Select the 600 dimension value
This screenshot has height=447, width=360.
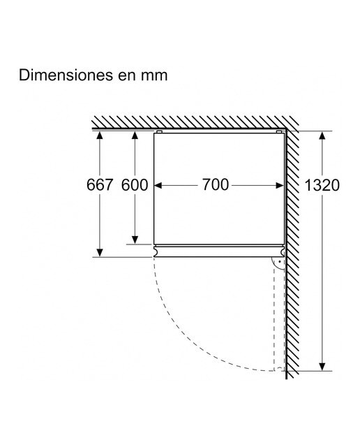135,184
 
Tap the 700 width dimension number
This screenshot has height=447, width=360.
216,184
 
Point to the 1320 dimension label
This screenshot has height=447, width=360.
322,185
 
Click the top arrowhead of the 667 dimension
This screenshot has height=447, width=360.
100,135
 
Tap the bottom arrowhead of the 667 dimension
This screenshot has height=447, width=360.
100,253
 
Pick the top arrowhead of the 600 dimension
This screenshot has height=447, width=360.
135,135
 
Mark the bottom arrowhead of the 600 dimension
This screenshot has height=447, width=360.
135,240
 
